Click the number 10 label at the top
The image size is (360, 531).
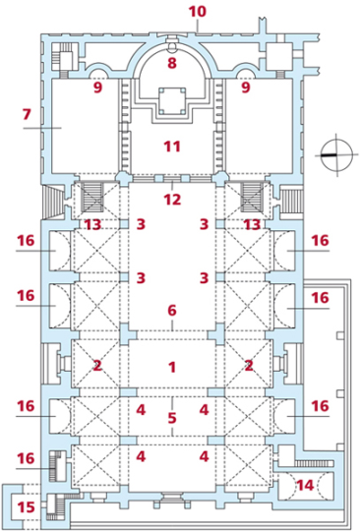198,11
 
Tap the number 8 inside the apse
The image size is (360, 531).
172,63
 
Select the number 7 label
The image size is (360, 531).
27,115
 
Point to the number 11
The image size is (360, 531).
172,147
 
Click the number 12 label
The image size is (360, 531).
172,200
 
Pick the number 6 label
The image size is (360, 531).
172,310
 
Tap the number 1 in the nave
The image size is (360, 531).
172,367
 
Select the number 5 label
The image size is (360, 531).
172,418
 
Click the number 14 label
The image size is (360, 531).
306,486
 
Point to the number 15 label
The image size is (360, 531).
27,507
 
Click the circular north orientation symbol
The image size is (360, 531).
336,155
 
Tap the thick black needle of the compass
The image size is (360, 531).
329,155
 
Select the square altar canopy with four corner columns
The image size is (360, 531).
172,100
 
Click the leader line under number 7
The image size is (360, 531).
42,128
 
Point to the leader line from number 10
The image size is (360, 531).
198,27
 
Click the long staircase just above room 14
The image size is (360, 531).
314,463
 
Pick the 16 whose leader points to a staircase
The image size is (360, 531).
27,458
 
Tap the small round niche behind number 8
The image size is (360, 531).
172,48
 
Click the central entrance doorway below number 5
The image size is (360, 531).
172,497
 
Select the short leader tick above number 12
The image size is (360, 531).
172,186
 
